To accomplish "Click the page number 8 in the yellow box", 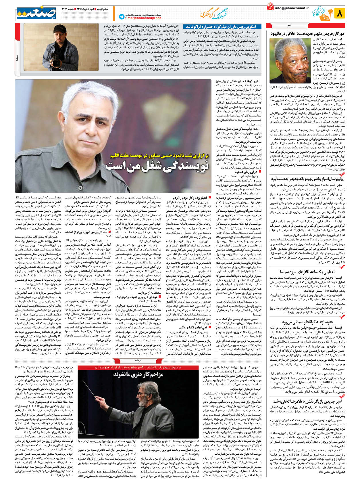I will coord(339,13).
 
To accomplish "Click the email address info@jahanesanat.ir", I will coord(291,8).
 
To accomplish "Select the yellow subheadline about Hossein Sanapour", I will coord(160,156).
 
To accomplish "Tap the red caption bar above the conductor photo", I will coord(138,367).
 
